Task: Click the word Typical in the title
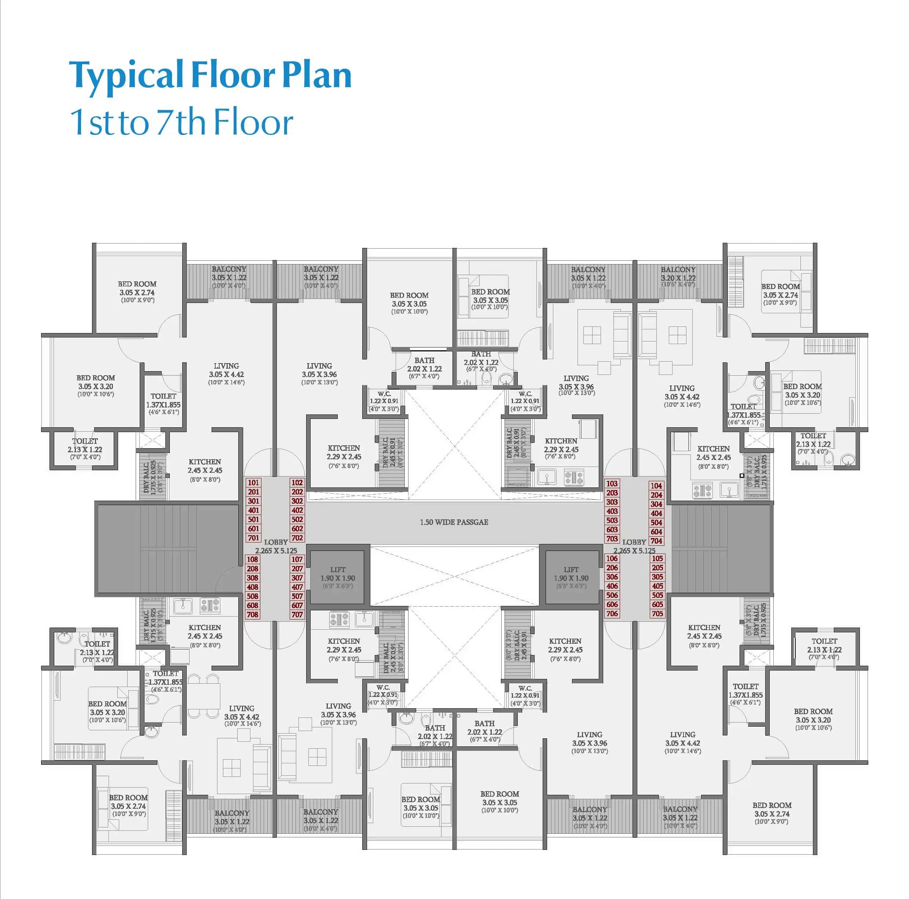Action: tap(126, 75)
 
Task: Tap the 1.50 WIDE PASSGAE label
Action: tap(454, 522)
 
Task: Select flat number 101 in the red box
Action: tap(253, 482)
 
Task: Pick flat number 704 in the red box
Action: tap(656, 541)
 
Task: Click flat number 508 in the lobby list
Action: tap(253, 596)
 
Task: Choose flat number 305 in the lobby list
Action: tap(657, 577)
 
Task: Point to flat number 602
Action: tap(297, 529)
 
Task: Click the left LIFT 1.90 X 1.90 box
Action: tap(337, 578)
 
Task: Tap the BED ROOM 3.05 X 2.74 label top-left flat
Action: tap(137, 292)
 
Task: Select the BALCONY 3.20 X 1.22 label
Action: tap(678, 277)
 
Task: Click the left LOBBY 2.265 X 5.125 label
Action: tap(276, 546)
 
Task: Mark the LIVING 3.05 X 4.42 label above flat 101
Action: tap(226, 374)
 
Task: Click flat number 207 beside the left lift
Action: tap(297, 569)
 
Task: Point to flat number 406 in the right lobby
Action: tap(612, 586)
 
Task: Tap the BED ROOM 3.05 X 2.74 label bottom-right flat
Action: tap(771, 813)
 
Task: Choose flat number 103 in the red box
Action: tap(612, 483)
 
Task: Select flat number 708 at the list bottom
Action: tap(253, 614)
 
